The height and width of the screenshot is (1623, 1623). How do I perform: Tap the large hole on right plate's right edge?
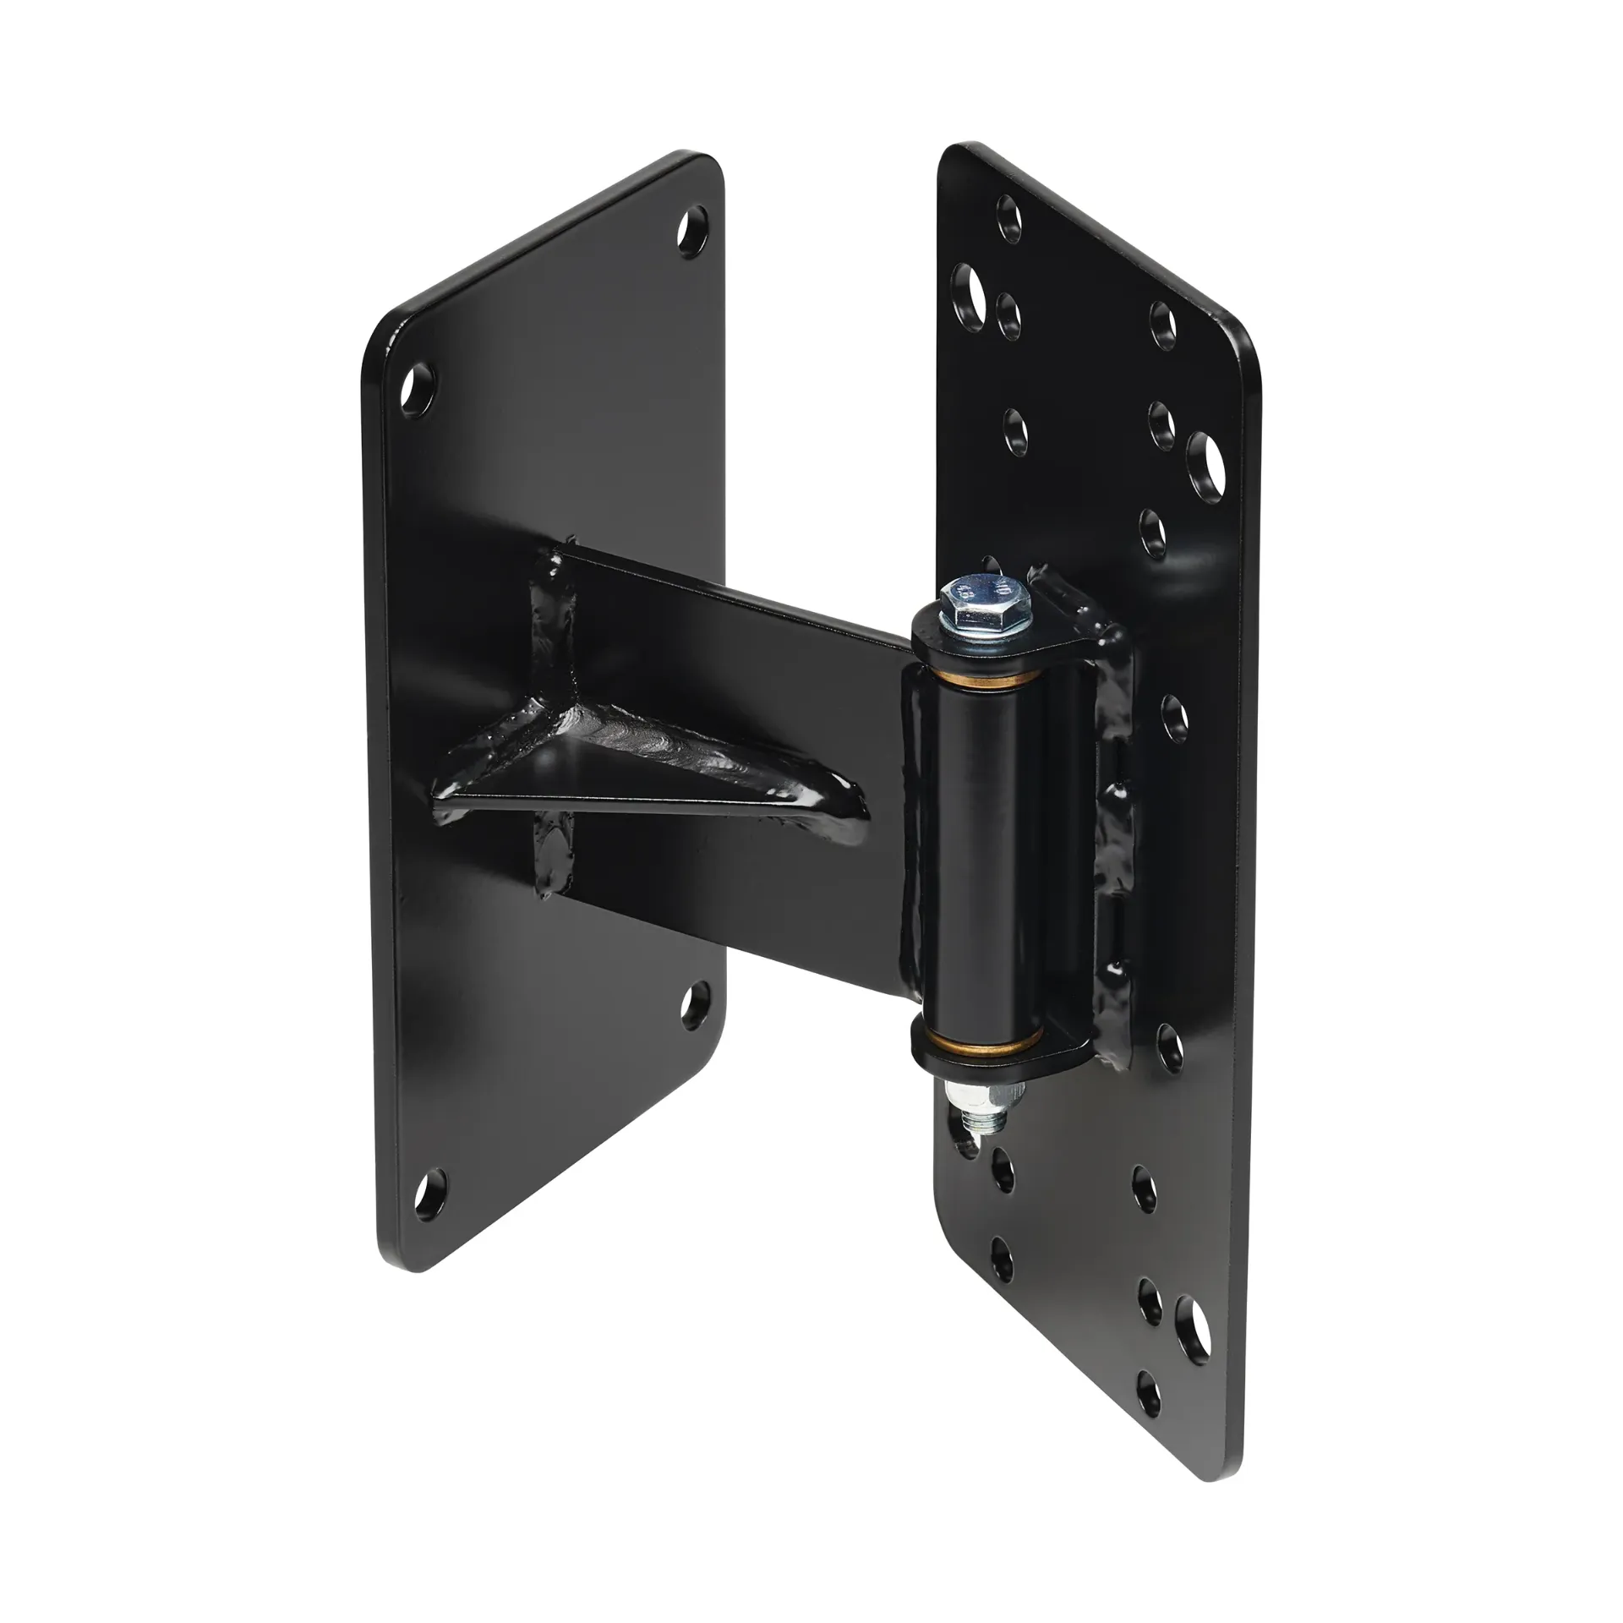tap(1207, 462)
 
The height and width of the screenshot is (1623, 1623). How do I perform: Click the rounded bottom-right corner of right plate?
tap(1230, 1496)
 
